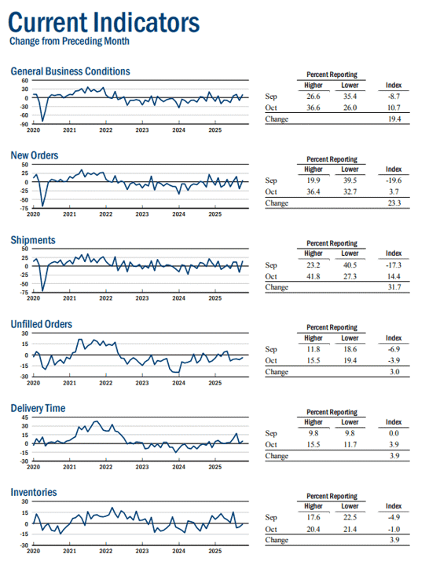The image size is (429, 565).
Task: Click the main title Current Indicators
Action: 104,22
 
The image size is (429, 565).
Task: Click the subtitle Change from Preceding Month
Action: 69,41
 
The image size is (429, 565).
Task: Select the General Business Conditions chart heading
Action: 71,71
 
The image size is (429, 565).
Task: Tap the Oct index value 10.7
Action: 394,108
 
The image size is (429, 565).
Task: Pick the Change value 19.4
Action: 394,119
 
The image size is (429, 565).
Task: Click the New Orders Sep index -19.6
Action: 394,180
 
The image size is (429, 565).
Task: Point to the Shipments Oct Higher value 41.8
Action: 313,276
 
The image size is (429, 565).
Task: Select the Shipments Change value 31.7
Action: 394,287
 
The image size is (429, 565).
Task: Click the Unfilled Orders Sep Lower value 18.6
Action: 350,348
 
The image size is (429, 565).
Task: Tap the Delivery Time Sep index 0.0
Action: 394,433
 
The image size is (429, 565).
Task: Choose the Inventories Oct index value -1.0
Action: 394,529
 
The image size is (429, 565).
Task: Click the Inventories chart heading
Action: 34,492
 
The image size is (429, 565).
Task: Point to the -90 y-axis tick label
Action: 24,124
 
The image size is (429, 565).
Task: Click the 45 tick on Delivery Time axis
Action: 25,417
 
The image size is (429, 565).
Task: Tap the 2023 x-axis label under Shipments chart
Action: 142,298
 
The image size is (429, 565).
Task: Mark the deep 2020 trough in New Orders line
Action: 42,206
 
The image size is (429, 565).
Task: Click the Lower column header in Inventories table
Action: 350,506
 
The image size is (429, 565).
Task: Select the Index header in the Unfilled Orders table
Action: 394,338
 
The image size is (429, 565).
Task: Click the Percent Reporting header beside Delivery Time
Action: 332,412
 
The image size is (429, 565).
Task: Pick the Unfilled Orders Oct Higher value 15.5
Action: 313,360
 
